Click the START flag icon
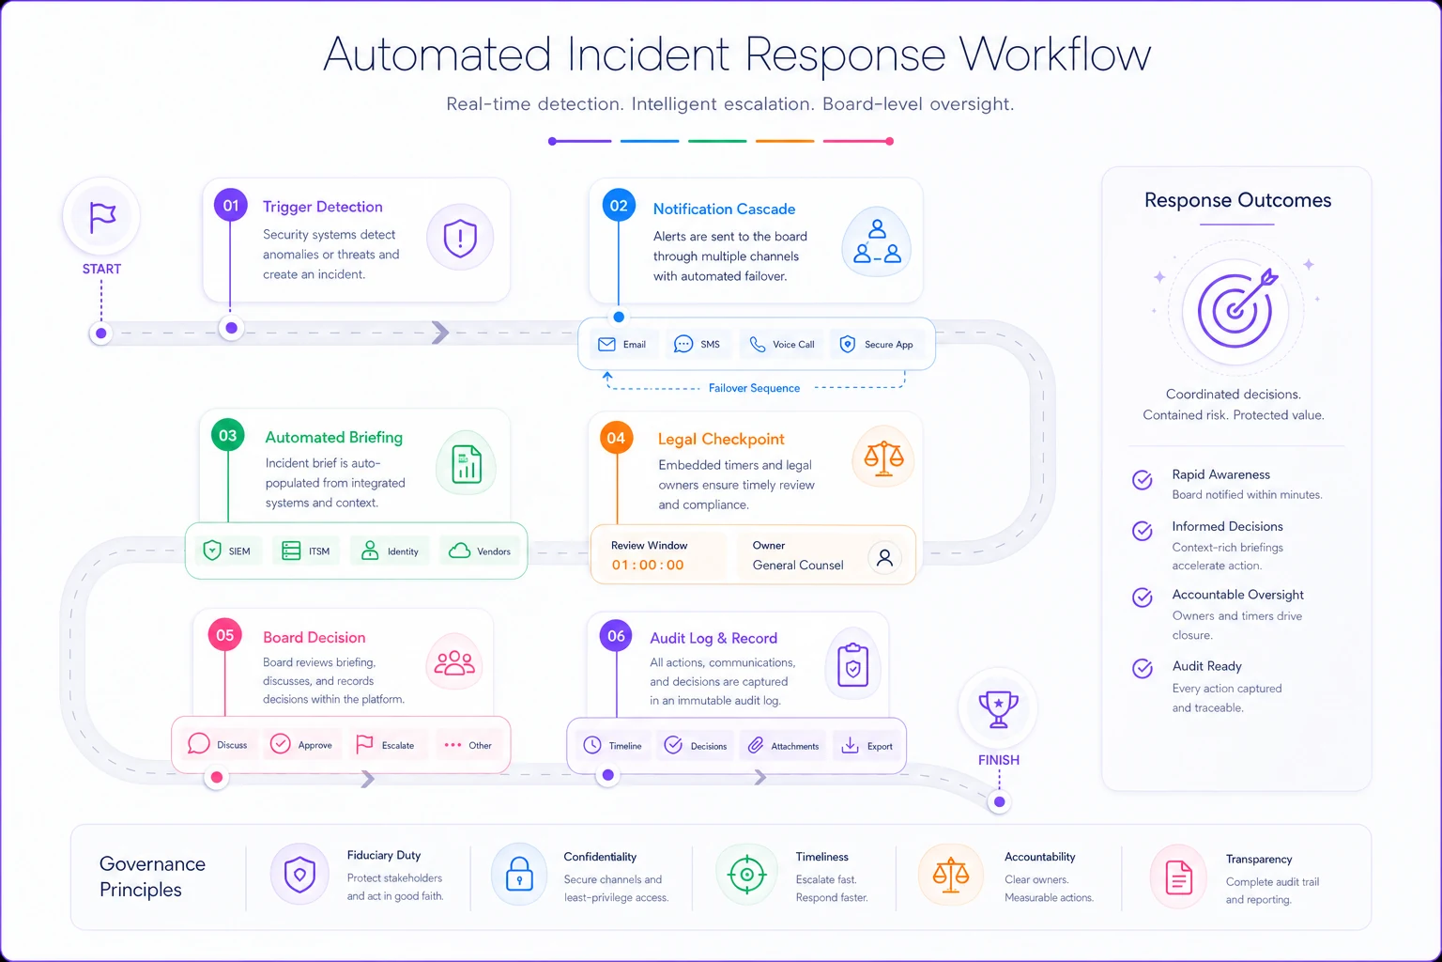click(x=101, y=216)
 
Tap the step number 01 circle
click(x=230, y=206)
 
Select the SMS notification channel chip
click(x=698, y=344)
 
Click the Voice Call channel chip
click(x=781, y=344)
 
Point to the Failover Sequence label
click(x=754, y=388)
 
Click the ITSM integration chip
click(x=306, y=551)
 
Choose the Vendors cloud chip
click(x=480, y=551)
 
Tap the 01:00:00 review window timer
click(x=648, y=566)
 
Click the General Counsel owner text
click(x=798, y=566)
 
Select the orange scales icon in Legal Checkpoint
click(x=883, y=458)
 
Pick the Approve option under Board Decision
click(x=301, y=745)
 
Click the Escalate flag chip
click(x=386, y=745)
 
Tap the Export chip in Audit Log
click(x=867, y=746)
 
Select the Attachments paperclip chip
click(x=783, y=746)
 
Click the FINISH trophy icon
click(x=998, y=708)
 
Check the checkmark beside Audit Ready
click(x=1143, y=668)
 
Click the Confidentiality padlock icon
click(x=519, y=875)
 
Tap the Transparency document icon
click(x=1179, y=877)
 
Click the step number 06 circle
click(x=616, y=636)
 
